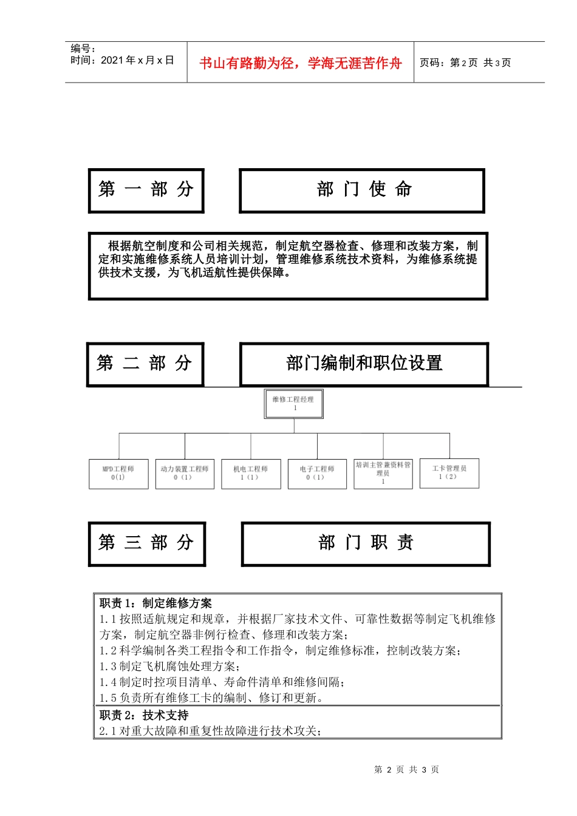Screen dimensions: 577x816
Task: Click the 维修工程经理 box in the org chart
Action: pyautogui.click(x=294, y=404)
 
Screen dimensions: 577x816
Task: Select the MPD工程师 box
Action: pyautogui.click(x=118, y=474)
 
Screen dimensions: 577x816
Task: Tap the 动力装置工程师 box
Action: pyautogui.click(x=185, y=474)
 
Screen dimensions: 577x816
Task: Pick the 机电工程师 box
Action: pyautogui.click(x=250, y=474)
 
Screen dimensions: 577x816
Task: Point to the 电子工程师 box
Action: pyautogui.click(x=317, y=474)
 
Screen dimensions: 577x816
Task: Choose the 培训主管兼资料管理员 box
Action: pyautogui.click(x=383, y=473)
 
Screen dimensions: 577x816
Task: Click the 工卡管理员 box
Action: pyautogui.click(x=449, y=473)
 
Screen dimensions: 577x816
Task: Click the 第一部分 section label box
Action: pyautogui.click(x=146, y=191)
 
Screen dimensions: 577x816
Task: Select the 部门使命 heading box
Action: pyautogui.click(x=362, y=191)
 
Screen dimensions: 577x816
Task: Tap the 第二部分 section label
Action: pyautogui.click(x=145, y=364)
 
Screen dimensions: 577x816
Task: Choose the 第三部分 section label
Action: pyautogui.click(x=146, y=543)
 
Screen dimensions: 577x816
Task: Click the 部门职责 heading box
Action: pyautogui.click(x=366, y=543)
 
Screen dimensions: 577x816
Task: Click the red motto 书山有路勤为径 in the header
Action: pyautogui.click(x=301, y=63)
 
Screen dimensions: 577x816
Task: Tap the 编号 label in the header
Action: pyautogui.click(x=83, y=49)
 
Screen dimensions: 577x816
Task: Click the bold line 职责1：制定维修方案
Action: pyautogui.click(x=156, y=603)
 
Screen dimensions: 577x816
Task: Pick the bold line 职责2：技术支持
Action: pyautogui.click(x=145, y=715)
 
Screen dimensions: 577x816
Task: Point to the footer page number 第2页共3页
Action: pyautogui.click(x=406, y=769)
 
